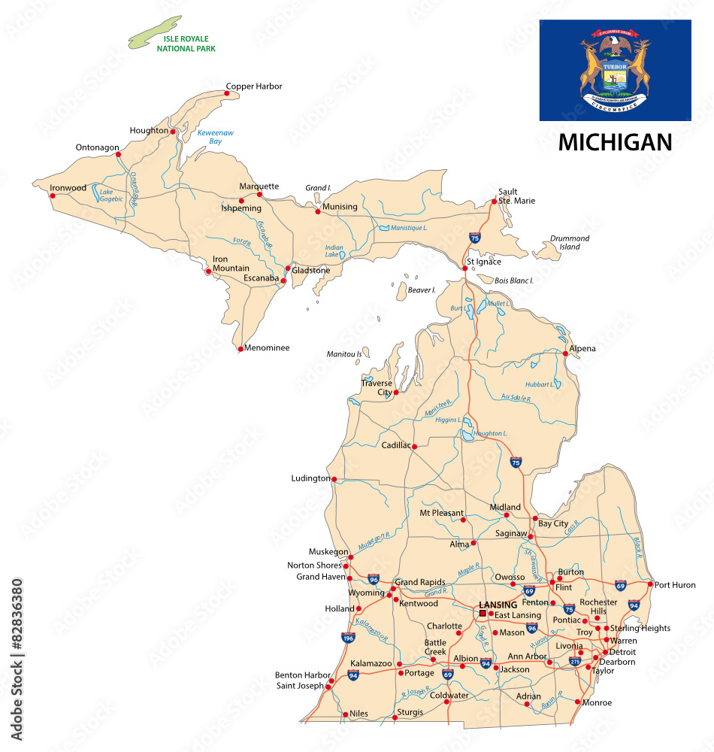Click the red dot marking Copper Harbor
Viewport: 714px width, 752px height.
226,93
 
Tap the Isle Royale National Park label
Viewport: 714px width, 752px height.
186,44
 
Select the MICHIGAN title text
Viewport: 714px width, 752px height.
615,143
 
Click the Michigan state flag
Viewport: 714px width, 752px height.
615,70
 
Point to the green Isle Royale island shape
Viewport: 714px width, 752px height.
154,32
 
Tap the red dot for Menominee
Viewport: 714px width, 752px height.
240,349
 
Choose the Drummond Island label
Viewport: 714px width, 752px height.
570,242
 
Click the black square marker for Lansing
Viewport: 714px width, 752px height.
483,613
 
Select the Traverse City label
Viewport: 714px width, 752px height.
377,388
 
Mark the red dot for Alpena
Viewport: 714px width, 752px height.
565,353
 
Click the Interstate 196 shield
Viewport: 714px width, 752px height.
348,638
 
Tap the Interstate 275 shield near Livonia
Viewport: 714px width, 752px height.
575,661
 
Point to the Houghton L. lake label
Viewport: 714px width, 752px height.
490,434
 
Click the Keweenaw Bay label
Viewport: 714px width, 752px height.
215,137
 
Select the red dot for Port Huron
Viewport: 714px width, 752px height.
650,584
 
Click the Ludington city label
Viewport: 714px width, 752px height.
310,478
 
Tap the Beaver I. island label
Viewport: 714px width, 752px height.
422,290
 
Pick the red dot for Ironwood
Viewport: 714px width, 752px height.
52,196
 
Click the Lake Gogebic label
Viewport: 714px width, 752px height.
112,196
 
